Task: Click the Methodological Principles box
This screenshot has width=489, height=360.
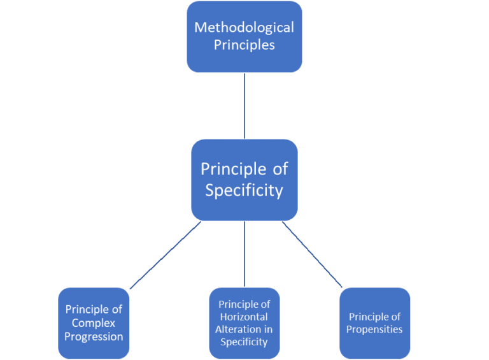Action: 244,36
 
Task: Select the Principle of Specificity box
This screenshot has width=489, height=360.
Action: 244,180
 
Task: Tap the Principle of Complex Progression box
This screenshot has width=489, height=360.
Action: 94,322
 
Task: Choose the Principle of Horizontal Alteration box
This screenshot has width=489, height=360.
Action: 244,322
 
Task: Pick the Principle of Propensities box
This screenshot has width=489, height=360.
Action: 374,322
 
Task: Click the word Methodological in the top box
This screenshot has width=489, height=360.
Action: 244,27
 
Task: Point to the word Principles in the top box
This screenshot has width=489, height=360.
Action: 244,45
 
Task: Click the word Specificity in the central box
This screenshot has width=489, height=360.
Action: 244,190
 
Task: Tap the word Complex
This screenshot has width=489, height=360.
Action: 94,323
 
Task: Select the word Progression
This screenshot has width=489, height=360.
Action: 94,336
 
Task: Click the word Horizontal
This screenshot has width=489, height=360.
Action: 244,317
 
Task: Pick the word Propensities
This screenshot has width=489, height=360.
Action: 374,329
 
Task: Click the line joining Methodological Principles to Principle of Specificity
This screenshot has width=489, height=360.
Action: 244,105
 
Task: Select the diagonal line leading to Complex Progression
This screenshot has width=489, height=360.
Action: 166,256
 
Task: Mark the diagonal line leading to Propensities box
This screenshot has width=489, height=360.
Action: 312,254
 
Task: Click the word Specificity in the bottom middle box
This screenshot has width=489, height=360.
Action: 244,342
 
